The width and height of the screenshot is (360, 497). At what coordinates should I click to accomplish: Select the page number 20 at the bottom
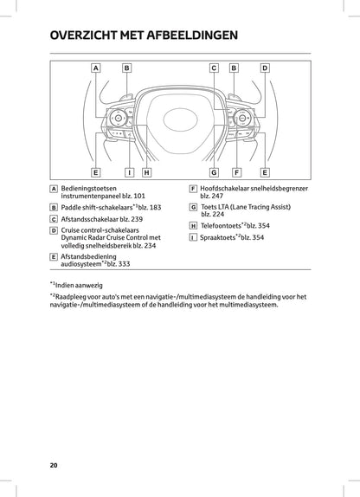pyautogui.click(x=54, y=465)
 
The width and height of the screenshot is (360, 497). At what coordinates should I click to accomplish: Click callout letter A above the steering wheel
pyautogui.click(x=95, y=67)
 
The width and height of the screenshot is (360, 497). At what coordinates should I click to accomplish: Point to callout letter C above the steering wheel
pyautogui.click(x=213, y=67)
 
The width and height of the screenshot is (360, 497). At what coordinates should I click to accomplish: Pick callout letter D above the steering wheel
pyautogui.click(x=265, y=67)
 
